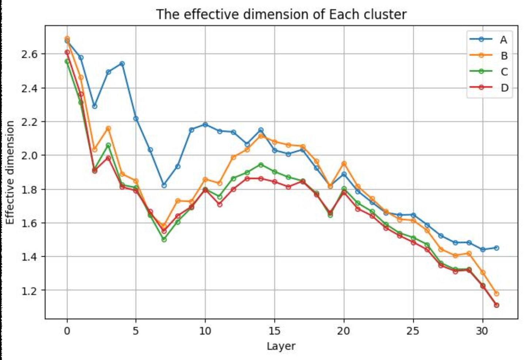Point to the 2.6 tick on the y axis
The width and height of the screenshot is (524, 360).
click(30, 54)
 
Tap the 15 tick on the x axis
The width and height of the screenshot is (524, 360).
click(274, 331)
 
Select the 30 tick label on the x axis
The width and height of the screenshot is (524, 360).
click(482, 331)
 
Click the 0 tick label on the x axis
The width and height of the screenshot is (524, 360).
click(67, 331)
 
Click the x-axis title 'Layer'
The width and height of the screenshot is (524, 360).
click(281, 346)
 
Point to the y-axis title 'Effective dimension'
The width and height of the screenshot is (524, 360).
click(10, 172)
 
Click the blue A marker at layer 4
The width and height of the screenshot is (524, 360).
click(122, 64)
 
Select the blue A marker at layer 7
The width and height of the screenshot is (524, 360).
click(164, 185)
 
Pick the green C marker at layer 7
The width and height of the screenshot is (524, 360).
click(164, 240)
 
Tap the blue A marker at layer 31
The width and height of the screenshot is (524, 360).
click(496, 248)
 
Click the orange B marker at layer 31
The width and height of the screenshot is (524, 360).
click(496, 294)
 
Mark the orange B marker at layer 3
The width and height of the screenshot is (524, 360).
click(108, 129)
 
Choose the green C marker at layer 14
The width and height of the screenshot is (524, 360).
click(261, 165)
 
